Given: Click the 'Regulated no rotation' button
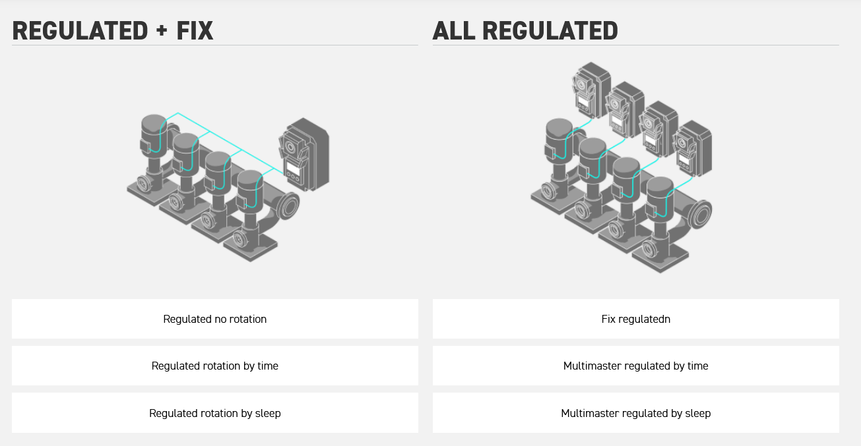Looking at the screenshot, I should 215,320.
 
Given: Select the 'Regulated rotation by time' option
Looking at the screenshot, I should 215,366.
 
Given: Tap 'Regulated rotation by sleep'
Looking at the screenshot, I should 215,414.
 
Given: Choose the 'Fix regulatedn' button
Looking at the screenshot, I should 636,320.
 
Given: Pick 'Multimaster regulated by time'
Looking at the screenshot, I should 636,366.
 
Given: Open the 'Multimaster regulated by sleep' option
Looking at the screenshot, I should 636,414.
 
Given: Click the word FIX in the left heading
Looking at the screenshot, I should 194,31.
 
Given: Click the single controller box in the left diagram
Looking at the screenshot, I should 303,155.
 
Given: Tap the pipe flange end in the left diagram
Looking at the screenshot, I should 288,206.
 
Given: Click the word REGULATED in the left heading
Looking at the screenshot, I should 80,31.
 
